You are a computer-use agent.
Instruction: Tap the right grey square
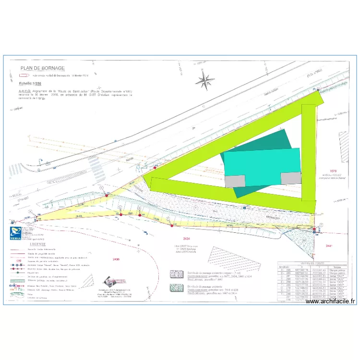(x=290, y=178)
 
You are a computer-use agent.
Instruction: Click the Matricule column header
(x=284, y=267)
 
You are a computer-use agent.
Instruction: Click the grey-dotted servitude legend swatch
(x=176, y=274)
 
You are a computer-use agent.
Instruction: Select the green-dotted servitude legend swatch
(x=176, y=288)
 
